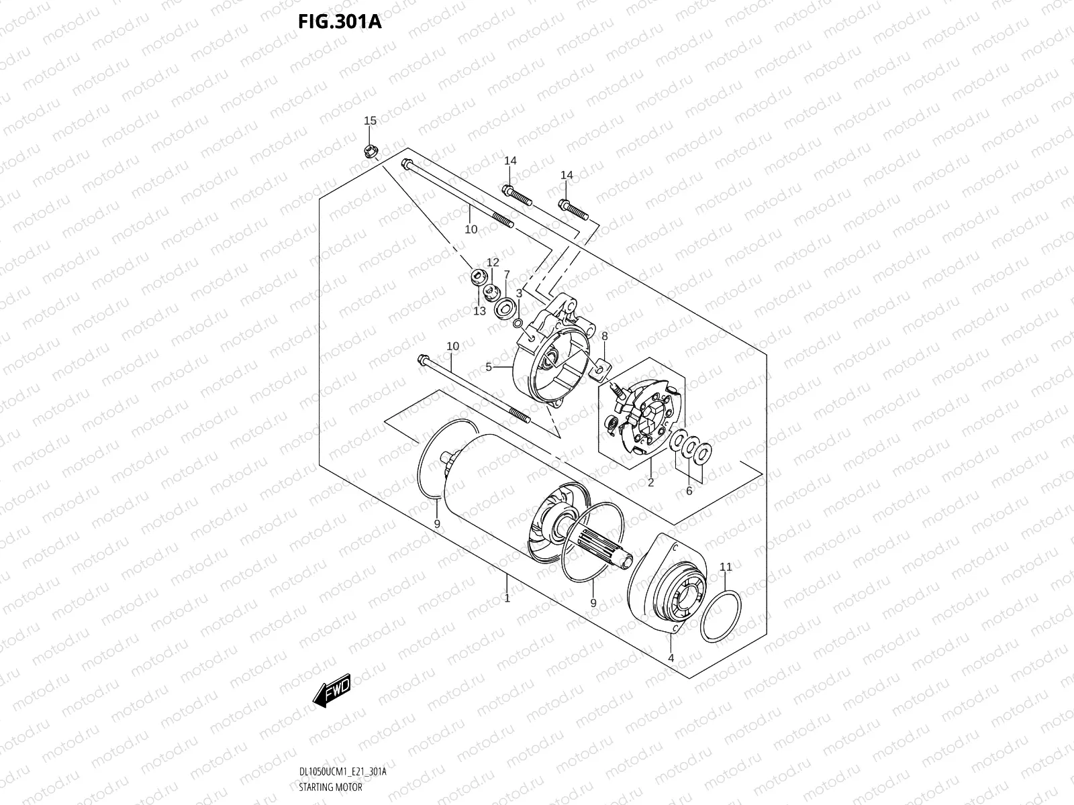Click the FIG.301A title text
coord(340,21)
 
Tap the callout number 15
coord(370,121)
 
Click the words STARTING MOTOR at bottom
coord(330,787)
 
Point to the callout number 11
coord(726,567)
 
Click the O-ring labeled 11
coord(720,616)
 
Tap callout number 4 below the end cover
coord(671,658)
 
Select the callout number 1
coord(507,598)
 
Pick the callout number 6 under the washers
coord(689,491)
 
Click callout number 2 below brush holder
coord(650,482)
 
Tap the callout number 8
coord(604,335)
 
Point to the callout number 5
coord(489,367)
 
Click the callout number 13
coord(479,311)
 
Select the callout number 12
coord(493,262)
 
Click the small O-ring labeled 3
coord(518,325)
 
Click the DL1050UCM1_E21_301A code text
coord(342,772)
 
